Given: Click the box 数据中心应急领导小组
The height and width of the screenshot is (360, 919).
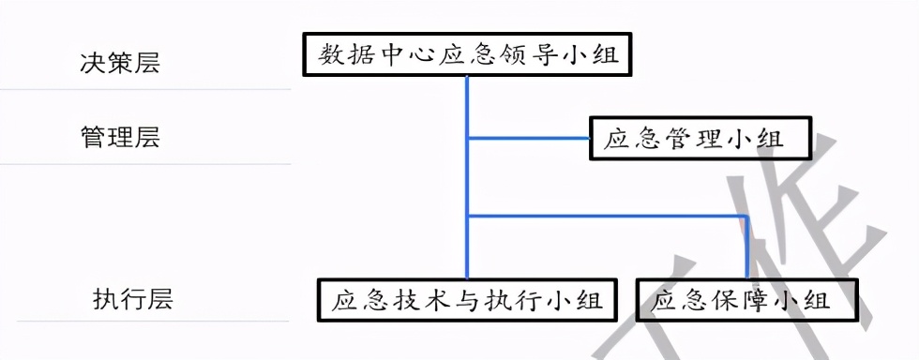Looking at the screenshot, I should (467, 55).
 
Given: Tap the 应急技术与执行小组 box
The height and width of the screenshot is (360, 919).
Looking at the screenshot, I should (467, 301).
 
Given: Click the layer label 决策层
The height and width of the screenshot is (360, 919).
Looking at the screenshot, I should (119, 63).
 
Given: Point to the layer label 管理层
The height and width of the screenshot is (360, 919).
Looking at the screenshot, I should (119, 138).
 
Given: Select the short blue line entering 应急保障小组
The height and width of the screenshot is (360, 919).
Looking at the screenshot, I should (746, 247).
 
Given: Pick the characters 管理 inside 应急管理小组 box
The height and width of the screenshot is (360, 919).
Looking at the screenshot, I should (693, 140).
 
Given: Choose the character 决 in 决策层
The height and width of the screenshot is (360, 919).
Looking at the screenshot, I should (92, 63).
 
